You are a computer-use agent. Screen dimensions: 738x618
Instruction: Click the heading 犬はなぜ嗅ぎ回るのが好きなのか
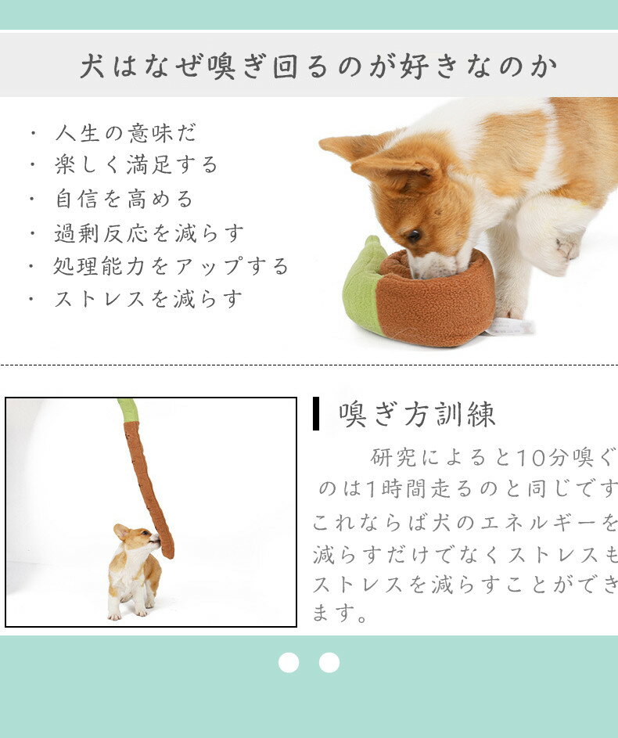tap(318, 66)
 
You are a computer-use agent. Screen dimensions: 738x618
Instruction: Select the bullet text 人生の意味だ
tap(125, 133)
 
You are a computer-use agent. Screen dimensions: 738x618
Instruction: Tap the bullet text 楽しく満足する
tap(136, 165)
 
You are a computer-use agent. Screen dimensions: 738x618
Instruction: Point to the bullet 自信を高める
tap(124, 199)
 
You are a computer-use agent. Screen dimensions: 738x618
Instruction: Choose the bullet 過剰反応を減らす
tap(149, 232)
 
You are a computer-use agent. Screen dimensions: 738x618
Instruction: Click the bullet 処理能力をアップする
tap(171, 265)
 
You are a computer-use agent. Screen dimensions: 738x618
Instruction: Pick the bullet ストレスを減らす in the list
tap(148, 298)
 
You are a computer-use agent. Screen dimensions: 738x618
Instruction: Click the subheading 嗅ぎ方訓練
tap(417, 414)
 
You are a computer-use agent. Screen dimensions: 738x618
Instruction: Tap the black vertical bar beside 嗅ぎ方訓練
tap(316, 413)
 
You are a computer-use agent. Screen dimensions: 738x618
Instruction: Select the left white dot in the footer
tap(289, 662)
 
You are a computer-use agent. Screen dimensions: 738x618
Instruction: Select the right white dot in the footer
tap(329, 662)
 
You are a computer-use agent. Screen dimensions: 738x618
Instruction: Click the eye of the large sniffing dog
tap(413, 235)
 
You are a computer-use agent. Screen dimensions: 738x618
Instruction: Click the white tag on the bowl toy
tap(509, 326)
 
